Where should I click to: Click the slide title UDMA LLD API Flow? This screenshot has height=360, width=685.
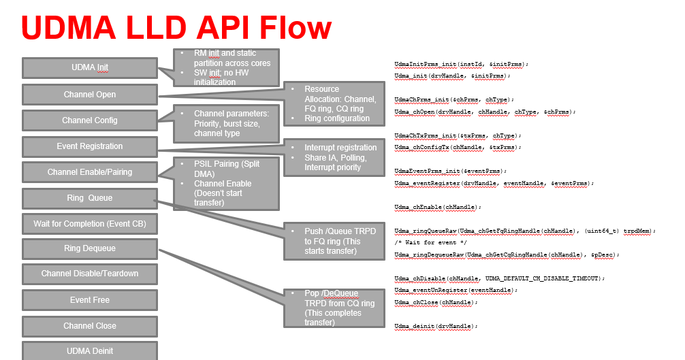[176, 28]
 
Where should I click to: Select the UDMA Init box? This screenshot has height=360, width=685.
[90, 67]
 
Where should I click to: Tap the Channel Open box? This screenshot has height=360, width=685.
[90, 95]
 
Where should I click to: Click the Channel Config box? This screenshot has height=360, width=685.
[90, 120]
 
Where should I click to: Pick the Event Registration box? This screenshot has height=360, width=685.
[90, 146]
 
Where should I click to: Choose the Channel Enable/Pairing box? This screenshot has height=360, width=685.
[90, 172]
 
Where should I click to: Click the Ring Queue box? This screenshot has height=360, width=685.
[90, 198]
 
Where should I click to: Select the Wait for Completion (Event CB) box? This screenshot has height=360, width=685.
[90, 223]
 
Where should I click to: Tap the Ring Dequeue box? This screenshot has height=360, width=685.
[90, 248]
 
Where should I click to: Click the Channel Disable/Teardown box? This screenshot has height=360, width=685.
[90, 274]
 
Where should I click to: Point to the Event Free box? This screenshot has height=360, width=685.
[90, 300]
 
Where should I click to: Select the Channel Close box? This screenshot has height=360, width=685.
[90, 326]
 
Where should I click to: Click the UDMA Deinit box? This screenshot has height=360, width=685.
[90, 350]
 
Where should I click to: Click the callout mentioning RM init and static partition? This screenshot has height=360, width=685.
[227, 67]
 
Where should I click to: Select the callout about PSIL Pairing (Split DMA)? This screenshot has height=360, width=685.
[227, 183]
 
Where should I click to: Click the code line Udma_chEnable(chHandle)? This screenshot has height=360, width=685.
[438, 206]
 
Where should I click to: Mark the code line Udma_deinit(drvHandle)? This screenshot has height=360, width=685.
[436, 326]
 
